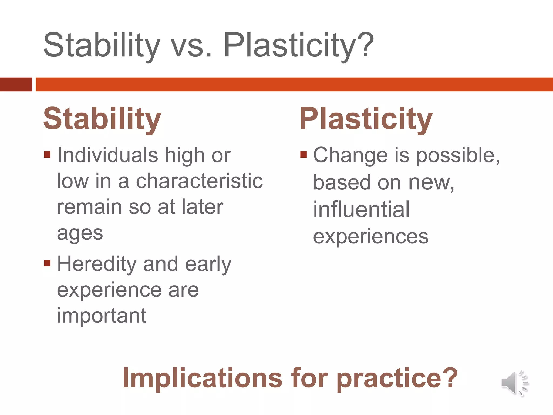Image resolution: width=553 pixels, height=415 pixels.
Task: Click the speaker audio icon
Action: click(514, 383)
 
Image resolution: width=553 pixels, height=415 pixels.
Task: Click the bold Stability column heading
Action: click(102, 119)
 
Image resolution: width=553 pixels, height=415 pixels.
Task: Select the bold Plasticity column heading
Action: click(366, 119)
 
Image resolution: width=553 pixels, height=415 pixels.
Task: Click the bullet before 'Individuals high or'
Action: click(47, 155)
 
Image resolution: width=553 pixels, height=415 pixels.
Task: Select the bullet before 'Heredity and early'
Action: click(47, 263)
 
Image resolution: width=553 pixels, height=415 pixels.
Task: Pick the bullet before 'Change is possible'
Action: click(304, 155)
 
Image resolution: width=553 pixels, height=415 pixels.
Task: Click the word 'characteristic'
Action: click(199, 181)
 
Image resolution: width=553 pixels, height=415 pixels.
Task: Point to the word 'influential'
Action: click(361, 210)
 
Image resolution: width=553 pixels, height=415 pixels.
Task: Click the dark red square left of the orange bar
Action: click(16, 84)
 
